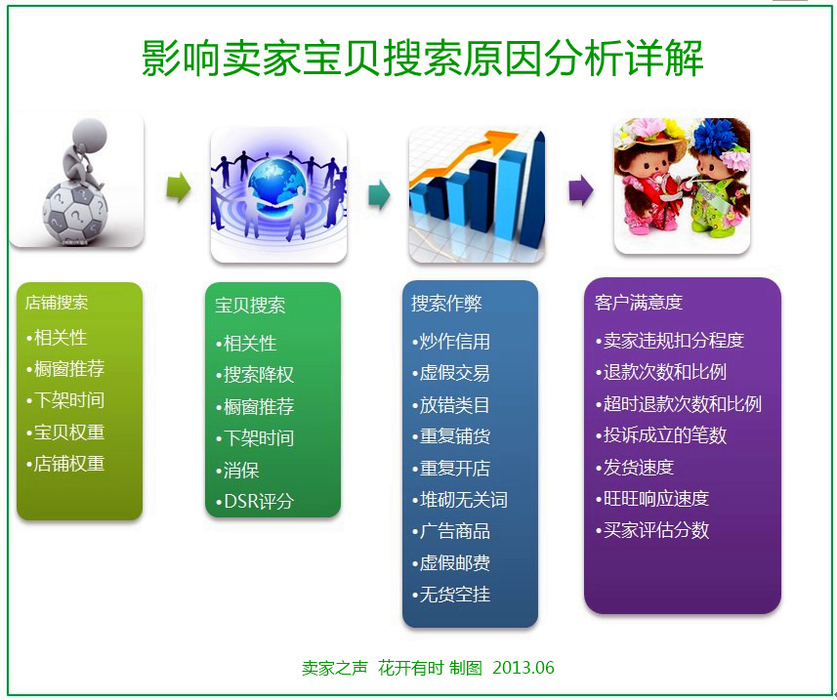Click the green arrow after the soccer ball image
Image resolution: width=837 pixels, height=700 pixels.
tap(179, 187)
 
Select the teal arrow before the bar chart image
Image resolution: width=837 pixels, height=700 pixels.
tap(380, 194)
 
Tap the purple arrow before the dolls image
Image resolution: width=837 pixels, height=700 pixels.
tap(581, 190)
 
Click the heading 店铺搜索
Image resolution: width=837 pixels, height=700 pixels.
tap(57, 303)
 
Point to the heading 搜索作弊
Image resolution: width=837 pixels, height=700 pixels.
tap(446, 304)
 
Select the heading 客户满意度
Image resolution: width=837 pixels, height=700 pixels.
tap(639, 303)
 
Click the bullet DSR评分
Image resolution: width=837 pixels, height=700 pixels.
tap(255, 502)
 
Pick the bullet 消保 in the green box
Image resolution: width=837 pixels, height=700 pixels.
tap(237, 470)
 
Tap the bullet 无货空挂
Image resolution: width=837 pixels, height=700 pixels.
tap(451, 594)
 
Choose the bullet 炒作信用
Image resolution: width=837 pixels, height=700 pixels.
tap(451, 342)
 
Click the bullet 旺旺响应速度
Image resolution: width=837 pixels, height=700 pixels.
tap(652, 498)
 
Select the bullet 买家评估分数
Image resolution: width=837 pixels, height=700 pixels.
tap(652, 530)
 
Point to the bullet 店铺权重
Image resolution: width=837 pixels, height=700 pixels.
tap(65, 463)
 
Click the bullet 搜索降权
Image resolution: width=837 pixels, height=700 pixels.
tap(255, 375)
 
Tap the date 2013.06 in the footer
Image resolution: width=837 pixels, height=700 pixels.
tap(523, 668)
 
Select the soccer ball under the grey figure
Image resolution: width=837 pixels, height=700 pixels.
tap(75, 213)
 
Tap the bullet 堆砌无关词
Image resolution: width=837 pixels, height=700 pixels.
tap(460, 500)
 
